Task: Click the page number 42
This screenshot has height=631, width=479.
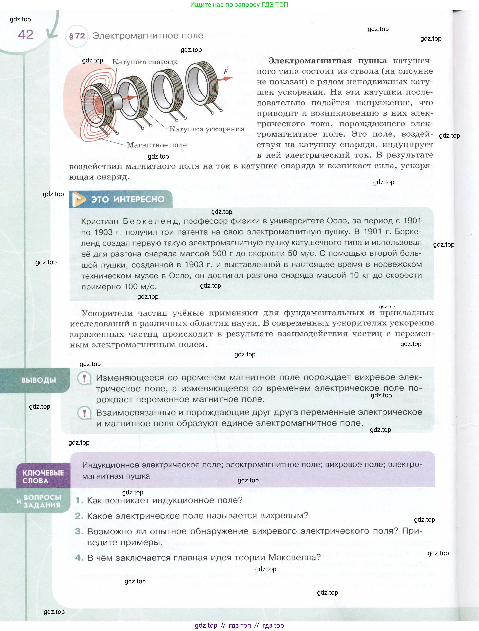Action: (x=26, y=35)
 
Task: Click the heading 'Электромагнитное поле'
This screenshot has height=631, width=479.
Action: (x=148, y=36)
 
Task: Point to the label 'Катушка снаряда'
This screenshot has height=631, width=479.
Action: (x=145, y=62)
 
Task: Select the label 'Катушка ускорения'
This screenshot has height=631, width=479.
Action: (x=207, y=129)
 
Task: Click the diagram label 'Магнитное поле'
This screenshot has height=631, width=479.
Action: (x=157, y=145)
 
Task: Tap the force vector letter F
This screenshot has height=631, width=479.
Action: (x=226, y=71)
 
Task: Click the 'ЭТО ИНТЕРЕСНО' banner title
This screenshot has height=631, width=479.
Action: (x=128, y=199)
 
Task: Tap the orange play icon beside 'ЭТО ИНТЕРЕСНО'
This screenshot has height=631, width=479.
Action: (x=79, y=199)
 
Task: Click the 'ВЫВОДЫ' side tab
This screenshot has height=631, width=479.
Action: (x=38, y=380)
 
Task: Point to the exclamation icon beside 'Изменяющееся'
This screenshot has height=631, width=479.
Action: (x=84, y=378)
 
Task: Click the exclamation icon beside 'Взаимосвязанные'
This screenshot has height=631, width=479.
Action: (x=84, y=413)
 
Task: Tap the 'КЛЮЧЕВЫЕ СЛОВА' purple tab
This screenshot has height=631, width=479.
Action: (x=43, y=476)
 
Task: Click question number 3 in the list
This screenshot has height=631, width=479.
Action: (x=79, y=531)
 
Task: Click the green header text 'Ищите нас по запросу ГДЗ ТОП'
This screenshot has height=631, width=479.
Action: (x=239, y=5)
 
